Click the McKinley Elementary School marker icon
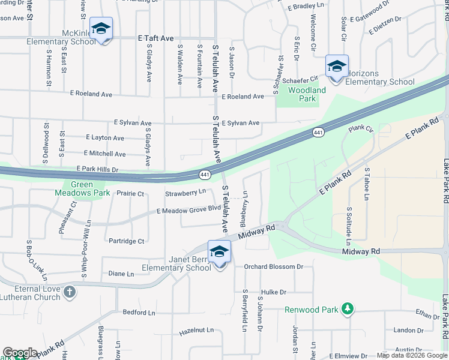click(101, 29)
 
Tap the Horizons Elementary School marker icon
click(337, 67)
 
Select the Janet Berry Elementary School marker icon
click(219, 253)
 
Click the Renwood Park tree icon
click(346, 308)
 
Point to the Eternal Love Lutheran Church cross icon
click(70, 292)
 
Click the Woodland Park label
click(307, 94)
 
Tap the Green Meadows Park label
click(82, 189)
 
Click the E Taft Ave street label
click(155, 37)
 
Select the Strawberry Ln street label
click(185, 193)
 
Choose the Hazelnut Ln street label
click(196, 331)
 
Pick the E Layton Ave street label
click(105, 137)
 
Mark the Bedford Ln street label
click(139, 313)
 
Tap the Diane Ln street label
click(121, 274)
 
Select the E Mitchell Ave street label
click(105, 154)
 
